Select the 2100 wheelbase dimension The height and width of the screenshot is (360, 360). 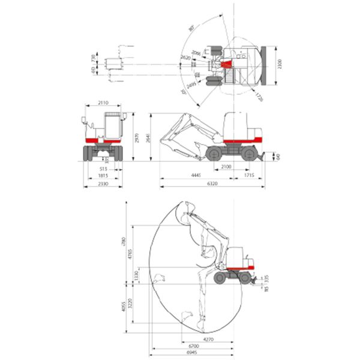click(226, 166)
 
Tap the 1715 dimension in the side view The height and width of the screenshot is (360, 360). click(249, 175)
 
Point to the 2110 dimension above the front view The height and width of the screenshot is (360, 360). click(103, 103)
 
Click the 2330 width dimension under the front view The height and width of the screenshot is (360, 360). click(103, 184)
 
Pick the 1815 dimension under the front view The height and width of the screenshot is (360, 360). click(103, 176)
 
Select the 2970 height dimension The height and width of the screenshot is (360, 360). click(137, 137)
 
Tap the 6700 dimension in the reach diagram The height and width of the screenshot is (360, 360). click(193, 346)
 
